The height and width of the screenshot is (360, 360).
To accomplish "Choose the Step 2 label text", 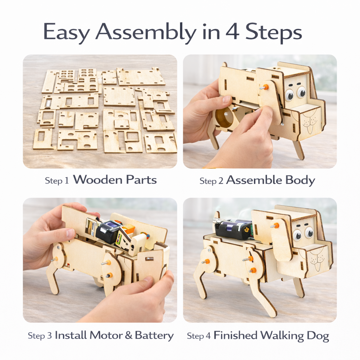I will point(212,181).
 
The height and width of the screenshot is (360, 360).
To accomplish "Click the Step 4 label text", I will point(199,336).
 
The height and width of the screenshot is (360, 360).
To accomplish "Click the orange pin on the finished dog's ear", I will point(276,225).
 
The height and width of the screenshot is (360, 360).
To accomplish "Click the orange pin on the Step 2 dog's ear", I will point(266,86).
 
